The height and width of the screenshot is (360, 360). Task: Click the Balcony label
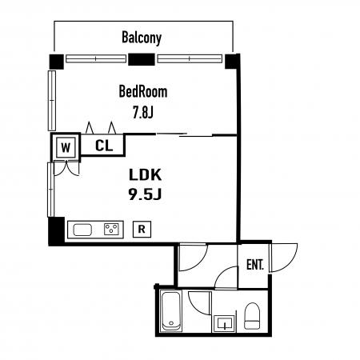(142, 38)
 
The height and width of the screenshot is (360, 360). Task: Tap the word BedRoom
(143, 91)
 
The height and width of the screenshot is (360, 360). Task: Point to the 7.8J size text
(143, 112)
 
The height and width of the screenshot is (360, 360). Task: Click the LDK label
(146, 175)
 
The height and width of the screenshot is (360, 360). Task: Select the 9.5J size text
(146, 194)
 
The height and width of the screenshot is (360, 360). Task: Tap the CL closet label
(104, 146)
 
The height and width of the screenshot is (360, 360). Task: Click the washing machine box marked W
(66, 147)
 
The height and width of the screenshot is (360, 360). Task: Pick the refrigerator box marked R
(142, 229)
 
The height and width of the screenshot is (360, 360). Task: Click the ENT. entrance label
(255, 265)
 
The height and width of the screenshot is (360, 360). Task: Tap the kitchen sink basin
(82, 230)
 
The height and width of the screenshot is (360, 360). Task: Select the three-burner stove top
(111, 229)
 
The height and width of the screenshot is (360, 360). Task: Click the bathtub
(171, 311)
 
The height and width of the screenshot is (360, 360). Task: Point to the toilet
(252, 316)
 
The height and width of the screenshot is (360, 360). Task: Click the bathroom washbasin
(224, 324)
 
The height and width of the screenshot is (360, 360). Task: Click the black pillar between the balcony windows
(142, 59)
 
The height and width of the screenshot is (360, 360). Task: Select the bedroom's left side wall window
(52, 101)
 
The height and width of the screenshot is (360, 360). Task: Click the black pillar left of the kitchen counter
(57, 230)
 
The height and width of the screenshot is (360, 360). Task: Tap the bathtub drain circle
(171, 323)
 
